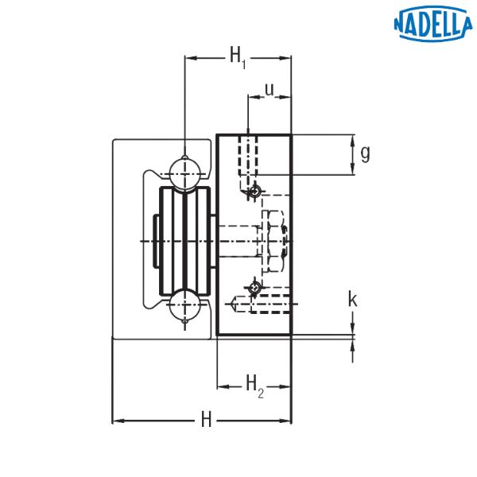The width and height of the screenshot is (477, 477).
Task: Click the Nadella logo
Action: point(433,24)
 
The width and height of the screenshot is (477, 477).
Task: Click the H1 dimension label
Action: point(238,57)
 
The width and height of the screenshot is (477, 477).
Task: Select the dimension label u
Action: point(270,89)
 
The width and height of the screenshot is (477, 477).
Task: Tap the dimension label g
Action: point(365,153)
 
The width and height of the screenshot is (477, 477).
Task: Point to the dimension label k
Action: point(352,299)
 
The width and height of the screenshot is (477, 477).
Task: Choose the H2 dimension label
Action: point(254,386)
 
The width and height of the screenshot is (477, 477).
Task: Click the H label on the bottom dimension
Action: point(206,420)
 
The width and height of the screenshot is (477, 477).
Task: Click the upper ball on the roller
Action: point(185,174)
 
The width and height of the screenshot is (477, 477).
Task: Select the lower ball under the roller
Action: point(185,304)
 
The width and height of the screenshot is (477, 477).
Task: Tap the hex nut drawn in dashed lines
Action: point(276,241)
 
